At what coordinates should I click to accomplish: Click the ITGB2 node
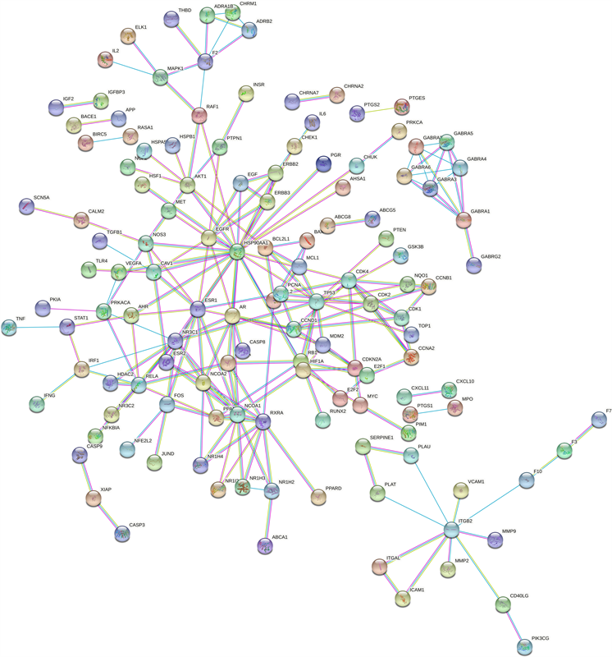451,530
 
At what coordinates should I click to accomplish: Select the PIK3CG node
524,647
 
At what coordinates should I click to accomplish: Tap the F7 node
600,420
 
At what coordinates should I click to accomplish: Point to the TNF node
9,328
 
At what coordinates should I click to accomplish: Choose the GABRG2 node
473,265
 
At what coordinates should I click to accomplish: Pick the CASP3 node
122,534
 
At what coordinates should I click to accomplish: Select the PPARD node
318,497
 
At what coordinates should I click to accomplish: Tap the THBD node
171,20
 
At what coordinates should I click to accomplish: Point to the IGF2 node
56,107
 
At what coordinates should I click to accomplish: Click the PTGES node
402,107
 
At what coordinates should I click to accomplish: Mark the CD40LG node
503,605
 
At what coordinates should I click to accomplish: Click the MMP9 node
495,540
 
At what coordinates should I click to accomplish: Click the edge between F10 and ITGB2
489,505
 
